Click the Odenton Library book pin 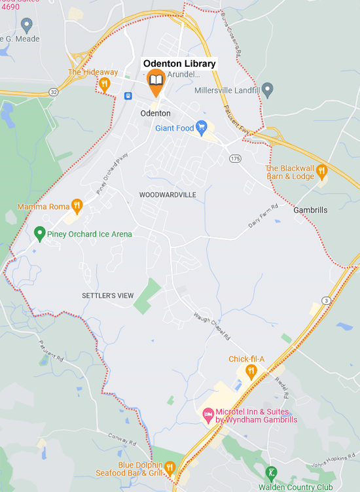pyautogui.click(x=155, y=80)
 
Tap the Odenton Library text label pyautogui.click(x=179, y=63)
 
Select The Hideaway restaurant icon pyautogui.click(x=103, y=84)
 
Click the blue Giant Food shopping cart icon pyautogui.click(x=202, y=126)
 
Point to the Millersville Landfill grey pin pyautogui.click(x=267, y=90)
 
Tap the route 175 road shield pyautogui.click(x=235, y=159)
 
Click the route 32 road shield pyautogui.click(x=52, y=92)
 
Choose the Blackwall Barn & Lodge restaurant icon pyautogui.click(x=321, y=172)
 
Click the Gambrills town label pyautogui.click(x=311, y=210)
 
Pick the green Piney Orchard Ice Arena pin pyautogui.click(x=39, y=233)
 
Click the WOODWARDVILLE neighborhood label pyautogui.click(x=168, y=195)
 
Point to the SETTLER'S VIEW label pyautogui.click(x=108, y=296)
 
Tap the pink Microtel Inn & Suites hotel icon pyautogui.click(x=207, y=415)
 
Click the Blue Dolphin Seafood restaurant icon pyautogui.click(x=170, y=467)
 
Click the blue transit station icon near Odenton pyautogui.click(x=128, y=96)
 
